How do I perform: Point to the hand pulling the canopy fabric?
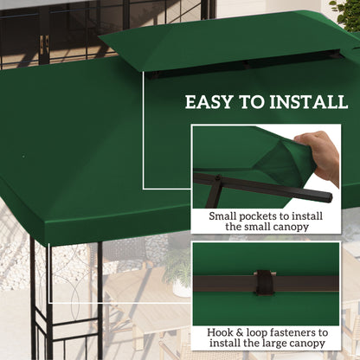coord(325,157)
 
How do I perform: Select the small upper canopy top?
coord(225,39)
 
